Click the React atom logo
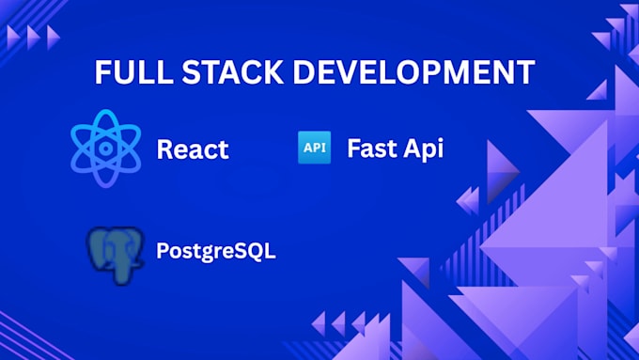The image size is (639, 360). [x=105, y=148]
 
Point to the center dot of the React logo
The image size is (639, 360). [x=105, y=148]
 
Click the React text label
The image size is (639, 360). [x=192, y=149]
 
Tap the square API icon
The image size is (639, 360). [x=314, y=148]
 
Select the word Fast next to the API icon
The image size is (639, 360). [x=369, y=148]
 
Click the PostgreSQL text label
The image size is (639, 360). [x=216, y=252]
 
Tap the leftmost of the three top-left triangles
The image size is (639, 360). [x=14, y=37]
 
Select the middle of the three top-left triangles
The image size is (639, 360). [x=34, y=37]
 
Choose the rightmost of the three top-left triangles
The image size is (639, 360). [x=54, y=37]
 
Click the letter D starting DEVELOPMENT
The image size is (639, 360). [x=301, y=73]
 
